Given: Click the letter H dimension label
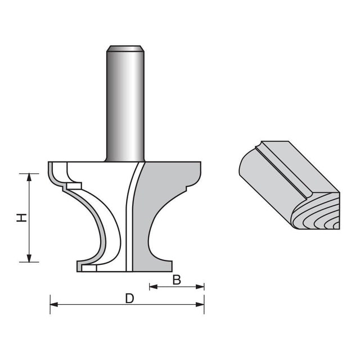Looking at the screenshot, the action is pos(22,218).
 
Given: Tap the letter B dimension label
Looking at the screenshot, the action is pos(177,280).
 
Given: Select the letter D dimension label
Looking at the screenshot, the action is pos(129,299).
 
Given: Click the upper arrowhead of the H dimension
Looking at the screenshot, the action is pos(29,177).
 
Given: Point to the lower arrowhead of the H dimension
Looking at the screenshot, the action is pos(29,258).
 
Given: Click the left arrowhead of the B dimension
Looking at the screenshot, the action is pos(154,286).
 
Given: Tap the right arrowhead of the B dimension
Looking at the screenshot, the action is pos(200,286).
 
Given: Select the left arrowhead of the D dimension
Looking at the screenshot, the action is pos(54,305).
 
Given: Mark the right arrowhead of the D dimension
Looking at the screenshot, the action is pos(200,305).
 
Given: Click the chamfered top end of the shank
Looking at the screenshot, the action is pos(125,48).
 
